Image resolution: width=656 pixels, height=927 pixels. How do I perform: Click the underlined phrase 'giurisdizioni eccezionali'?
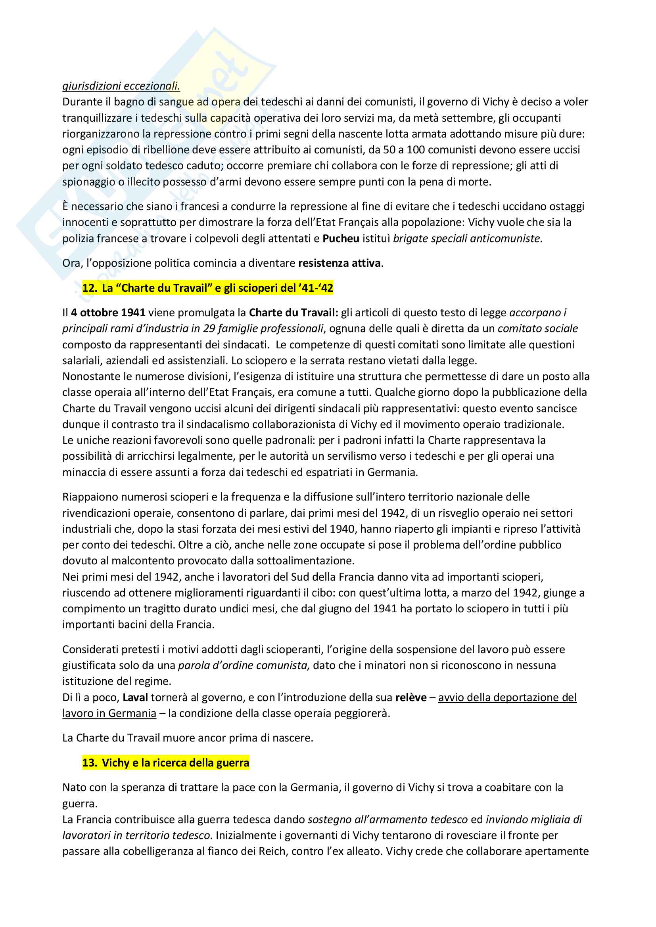(x=121, y=86)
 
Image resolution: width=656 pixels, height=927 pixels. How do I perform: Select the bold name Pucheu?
(x=341, y=239)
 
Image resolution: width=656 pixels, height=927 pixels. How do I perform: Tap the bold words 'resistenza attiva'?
(x=340, y=263)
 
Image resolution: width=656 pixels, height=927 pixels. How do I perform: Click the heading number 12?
(x=89, y=288)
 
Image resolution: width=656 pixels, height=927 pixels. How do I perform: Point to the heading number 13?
(x=89, y=763)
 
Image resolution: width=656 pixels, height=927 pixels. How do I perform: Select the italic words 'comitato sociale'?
(x=537, y=329)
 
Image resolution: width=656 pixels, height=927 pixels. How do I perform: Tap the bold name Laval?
(x=135, y=698)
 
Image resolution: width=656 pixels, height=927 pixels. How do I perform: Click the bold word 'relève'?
(x=411, y=698)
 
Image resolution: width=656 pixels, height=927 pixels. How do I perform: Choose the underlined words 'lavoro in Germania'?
(x=109, y=713)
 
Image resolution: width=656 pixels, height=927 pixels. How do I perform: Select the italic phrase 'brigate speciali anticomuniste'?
(x=467, y=239)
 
